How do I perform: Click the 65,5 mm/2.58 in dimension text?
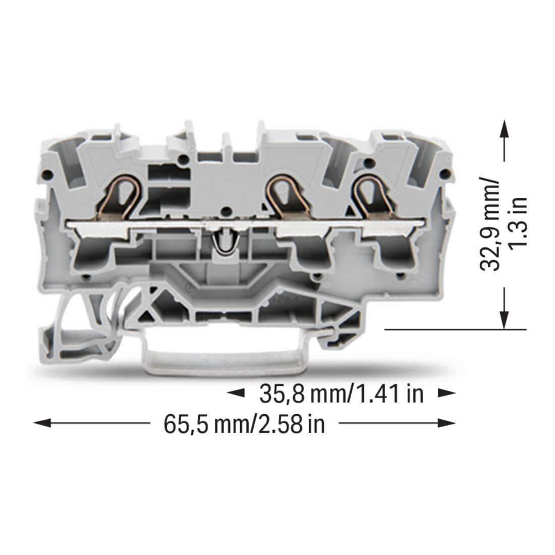pyautogui.click(x=244, y=424)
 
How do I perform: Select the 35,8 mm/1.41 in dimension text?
pyautogui.click(x=342, y=394)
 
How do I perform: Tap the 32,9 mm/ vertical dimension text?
pyautogui.click(x=490, y=224)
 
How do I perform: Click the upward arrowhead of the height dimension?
pyautogui.click(x=505, y=128)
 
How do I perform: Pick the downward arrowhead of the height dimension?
pyautogui.click(x=505, y=320)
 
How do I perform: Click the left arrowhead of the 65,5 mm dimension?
pyautogui.click(x=42, y=423)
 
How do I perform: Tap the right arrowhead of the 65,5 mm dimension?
pyautogui.click(x=447, y=423)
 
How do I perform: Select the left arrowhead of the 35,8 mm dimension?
pyautogui.click(x=236, y=393)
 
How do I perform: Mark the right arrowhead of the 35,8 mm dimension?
pyautogui.click(x=447, y=393)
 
